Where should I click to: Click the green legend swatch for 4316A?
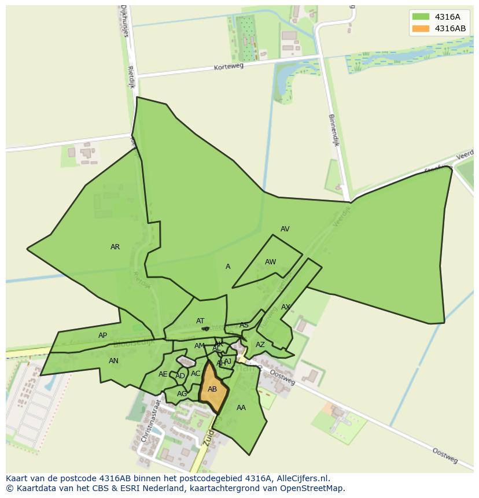point(421,17)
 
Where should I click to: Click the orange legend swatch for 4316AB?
point(421,28)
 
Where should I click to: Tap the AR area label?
point(115,247)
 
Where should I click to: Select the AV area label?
point(285,229)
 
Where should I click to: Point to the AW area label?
point(270,262)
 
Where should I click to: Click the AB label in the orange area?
point(212,389)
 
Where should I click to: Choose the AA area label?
point(241,408)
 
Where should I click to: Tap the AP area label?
point(102,335)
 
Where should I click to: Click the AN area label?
point(113,361)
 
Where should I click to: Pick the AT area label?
point(200,321)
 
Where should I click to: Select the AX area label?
point(285,307)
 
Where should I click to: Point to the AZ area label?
point(260,345)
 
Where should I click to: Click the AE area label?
point(163,374)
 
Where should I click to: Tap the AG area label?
point(182,394)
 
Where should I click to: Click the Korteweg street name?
point(229,67)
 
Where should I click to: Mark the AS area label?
point(244,326)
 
